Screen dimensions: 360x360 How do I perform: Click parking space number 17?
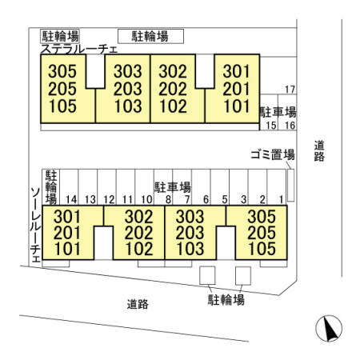290,90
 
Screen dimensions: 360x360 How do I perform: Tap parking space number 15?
271,126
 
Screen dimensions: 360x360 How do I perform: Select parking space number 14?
71,199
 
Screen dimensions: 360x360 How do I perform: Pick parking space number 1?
281,199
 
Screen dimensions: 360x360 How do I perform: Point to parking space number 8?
168,199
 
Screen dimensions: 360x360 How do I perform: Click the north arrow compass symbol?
329,328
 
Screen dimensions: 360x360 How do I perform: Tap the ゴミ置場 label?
273,154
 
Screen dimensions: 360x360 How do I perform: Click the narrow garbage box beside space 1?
290,185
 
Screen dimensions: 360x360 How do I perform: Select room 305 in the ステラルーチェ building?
62,71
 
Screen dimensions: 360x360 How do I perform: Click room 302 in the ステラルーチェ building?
173,71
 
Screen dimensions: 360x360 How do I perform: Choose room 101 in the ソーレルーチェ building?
67,249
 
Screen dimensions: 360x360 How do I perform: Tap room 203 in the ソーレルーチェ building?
190,233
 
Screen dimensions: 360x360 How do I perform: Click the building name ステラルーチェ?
79,50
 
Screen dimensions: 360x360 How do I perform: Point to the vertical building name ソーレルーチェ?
35,225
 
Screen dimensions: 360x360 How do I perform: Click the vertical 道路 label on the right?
319,151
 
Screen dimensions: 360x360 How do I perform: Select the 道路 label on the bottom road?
138,304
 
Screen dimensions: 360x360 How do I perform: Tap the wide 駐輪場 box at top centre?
151,36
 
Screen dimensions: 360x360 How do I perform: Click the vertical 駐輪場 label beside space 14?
51,187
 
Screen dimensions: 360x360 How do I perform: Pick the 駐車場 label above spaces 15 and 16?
278,112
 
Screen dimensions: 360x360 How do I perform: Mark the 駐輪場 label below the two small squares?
226,300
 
